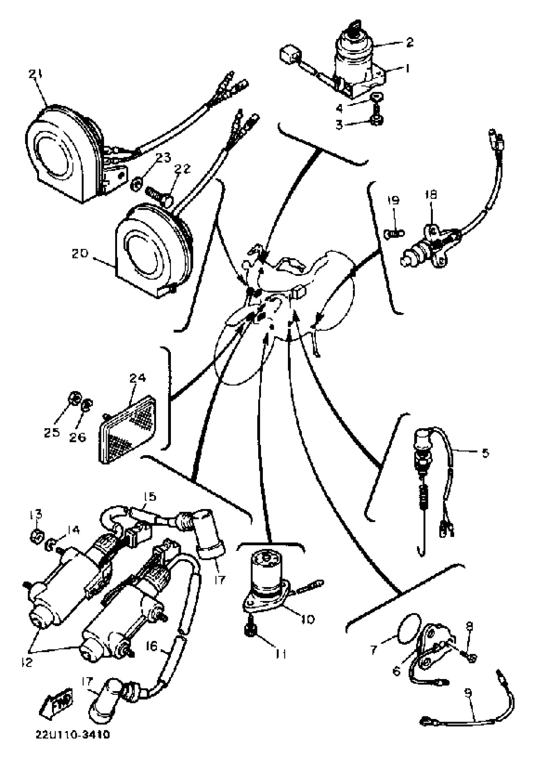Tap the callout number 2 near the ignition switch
coord(410,42)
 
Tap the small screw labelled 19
coord(395,233)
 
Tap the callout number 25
coord(52,432)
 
